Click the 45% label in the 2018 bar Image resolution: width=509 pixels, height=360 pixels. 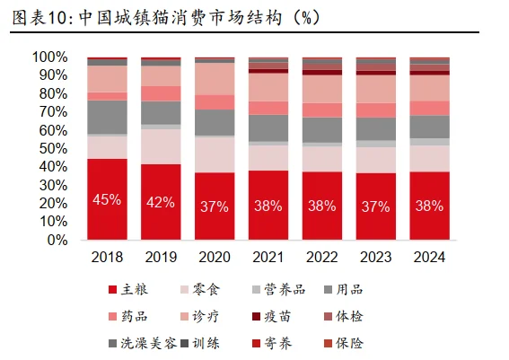[x=107, y=199]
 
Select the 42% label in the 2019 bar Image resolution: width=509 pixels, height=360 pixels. [x=161, y=202]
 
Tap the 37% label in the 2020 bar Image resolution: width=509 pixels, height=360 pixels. [x=215, y=206]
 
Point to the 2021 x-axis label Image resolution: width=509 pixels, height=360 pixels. [x=268, y=258]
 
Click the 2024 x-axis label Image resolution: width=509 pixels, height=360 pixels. [x=429, y=258]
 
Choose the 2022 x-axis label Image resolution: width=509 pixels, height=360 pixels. [x=322, y=258]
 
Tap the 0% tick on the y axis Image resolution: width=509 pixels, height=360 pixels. [x=57, y=241]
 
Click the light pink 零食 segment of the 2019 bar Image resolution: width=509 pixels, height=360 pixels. [x=161, y=146]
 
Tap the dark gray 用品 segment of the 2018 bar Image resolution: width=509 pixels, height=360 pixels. [x=107, y=117]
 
